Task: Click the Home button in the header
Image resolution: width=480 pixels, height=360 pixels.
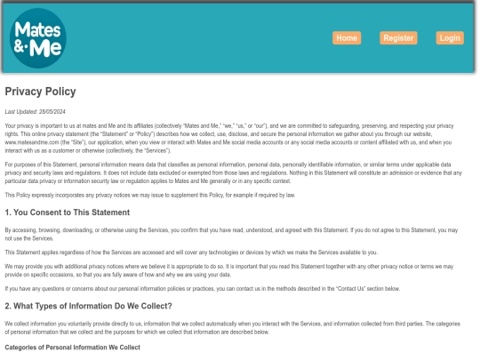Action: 347,38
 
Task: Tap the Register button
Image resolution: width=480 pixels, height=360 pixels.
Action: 398,38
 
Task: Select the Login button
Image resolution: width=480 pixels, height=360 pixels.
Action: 450,38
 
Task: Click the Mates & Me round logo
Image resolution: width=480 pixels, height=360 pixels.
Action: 37,39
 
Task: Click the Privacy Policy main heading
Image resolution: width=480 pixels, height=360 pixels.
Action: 40,92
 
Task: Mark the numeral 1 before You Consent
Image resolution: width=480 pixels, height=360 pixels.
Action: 7,212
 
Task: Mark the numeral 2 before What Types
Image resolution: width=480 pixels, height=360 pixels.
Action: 7,306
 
